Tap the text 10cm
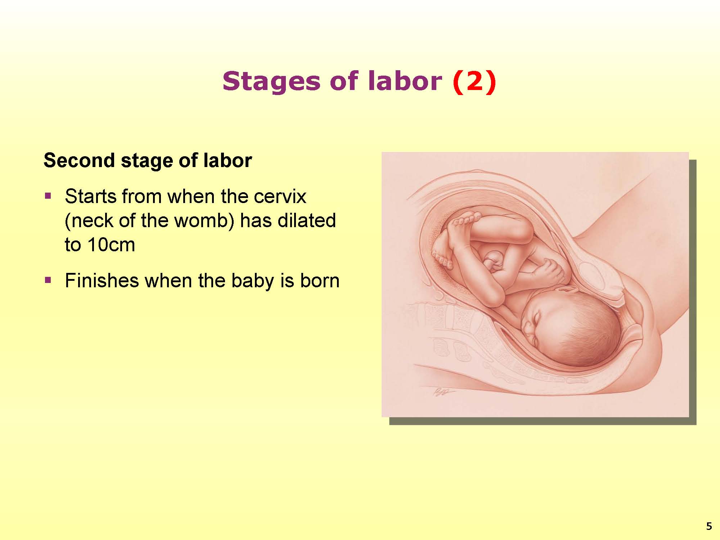click(x=111, y=244)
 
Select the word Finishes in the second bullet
click(x=102, y=280)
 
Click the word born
click(x=320, y=280)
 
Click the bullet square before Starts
click(x=48, y=196)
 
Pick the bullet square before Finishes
click(x=48, y=280)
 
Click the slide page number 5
click(x=709, y=527)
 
